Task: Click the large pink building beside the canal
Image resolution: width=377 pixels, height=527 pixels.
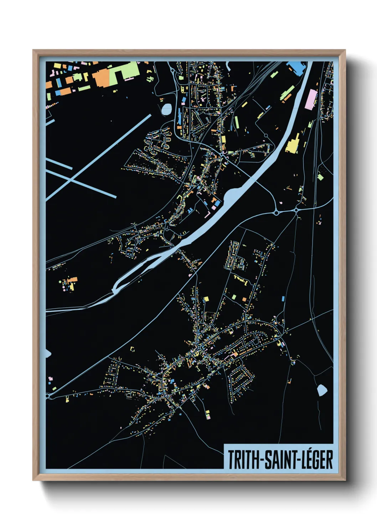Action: point(311,99)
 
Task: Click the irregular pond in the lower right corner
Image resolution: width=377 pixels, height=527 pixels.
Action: point(321,390)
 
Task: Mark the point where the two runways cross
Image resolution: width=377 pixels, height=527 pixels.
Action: point(71,179)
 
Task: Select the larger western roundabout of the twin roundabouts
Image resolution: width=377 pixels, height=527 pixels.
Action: point(276,212)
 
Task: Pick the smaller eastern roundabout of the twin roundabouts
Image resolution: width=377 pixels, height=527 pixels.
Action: point(296,210)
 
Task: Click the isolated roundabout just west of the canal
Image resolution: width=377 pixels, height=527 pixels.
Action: point(265,136)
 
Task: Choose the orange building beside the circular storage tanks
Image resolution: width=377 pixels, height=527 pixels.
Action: point(73,280)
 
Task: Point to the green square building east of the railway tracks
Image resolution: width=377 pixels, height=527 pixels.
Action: point(320,177)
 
